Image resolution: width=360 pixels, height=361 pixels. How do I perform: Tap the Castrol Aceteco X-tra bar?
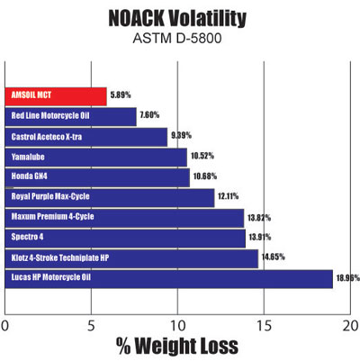coord(86,137)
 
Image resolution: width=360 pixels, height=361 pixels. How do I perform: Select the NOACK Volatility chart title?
coord(180,18)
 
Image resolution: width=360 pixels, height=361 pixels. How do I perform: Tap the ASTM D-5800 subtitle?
coord(180,40)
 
